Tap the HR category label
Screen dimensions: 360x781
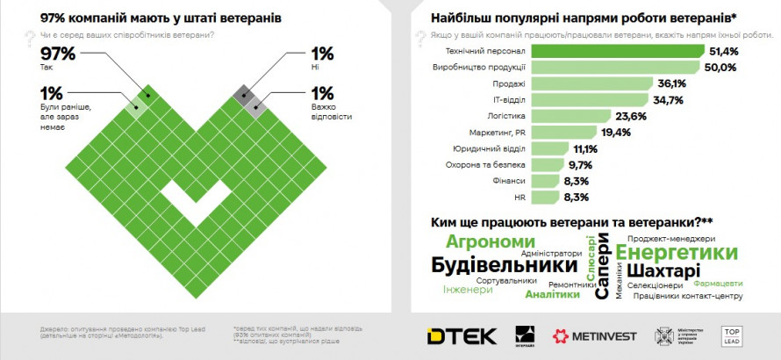tap(519, 197)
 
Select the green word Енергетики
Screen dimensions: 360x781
tap(677, 252)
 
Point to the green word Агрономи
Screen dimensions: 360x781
tap(491, 241)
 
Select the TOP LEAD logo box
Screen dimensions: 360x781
tap(732, 335)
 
